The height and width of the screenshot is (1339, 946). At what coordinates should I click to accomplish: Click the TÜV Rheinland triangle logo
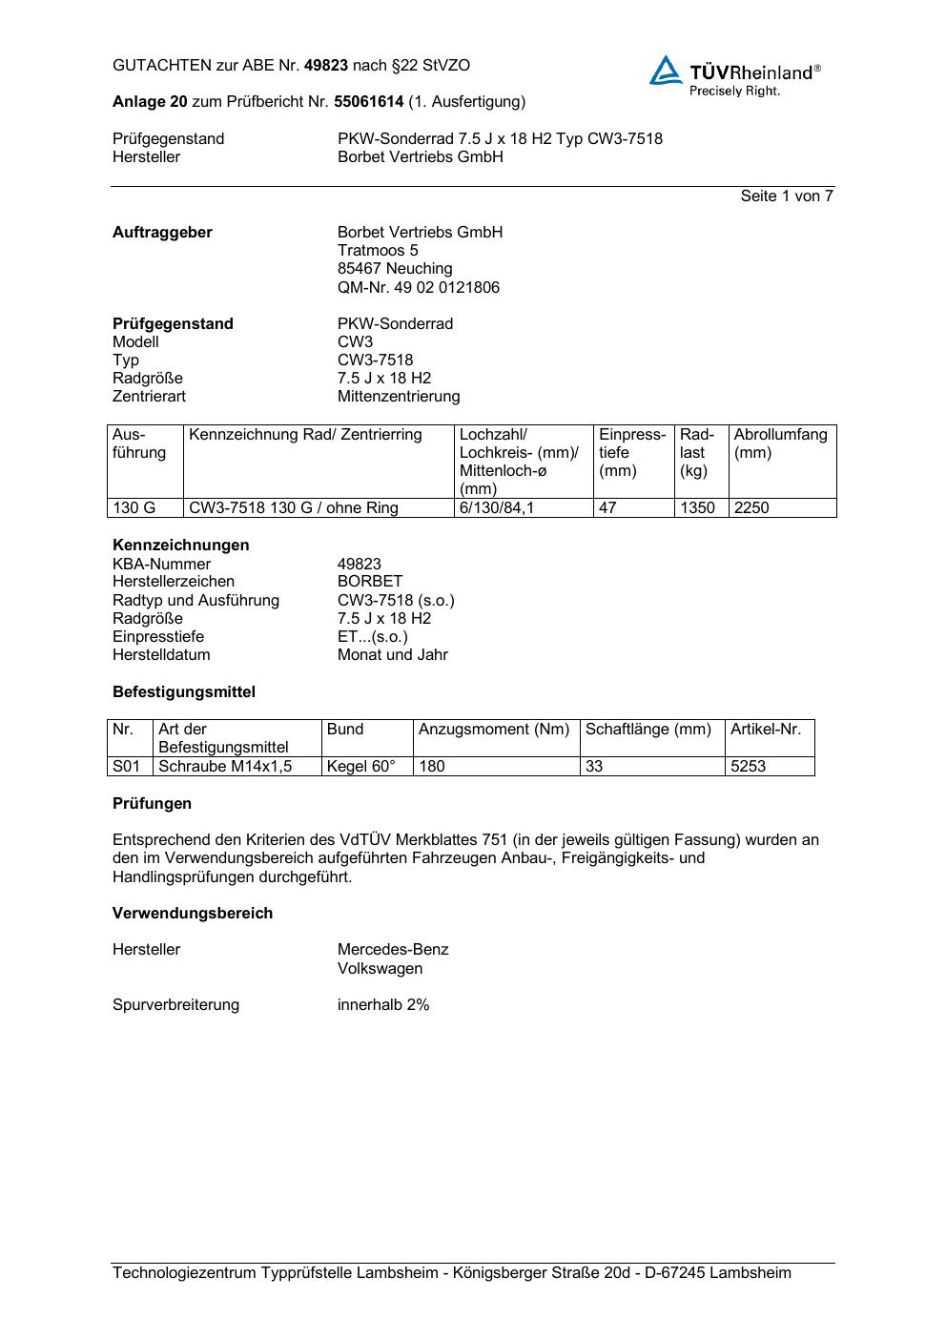[x=666, y=71]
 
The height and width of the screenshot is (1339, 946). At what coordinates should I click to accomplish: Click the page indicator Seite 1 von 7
[x=787, y=196]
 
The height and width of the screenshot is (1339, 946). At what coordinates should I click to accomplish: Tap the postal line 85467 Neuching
[x=395, y=269]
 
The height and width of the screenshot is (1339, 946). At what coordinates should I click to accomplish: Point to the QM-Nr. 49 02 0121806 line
[x=418, y=287]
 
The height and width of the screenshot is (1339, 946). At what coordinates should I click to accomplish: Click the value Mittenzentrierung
[x=398, y=397]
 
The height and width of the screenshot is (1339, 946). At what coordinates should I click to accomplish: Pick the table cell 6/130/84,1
[x=497, y=508]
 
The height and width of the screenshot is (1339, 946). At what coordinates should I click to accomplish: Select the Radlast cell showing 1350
[x=697, y=508]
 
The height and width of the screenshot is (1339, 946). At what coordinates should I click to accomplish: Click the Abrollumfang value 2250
[x=751, y=508]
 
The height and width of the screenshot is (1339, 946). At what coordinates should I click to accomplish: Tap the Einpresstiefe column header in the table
[x=632, y=452]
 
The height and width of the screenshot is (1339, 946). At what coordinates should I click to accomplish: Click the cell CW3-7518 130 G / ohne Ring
[x=294, y=508]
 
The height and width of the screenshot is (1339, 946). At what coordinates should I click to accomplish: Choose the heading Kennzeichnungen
[x=180, y=546]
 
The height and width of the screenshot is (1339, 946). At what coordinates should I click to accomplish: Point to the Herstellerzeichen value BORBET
[x=370, y=582]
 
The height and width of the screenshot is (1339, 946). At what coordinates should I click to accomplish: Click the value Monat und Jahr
[x=392, y=655]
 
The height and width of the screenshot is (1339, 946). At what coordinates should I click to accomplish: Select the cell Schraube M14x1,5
[x=225, y=767]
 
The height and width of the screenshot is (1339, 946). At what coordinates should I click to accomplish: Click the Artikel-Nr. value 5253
[x=748, y=767]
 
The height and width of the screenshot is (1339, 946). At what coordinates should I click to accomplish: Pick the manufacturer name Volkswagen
[x=380, y=969]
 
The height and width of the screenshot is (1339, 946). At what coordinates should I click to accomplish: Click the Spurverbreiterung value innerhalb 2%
[x=383, y=1005]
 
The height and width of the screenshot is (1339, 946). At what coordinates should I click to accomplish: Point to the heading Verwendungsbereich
[x=193, y=914]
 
